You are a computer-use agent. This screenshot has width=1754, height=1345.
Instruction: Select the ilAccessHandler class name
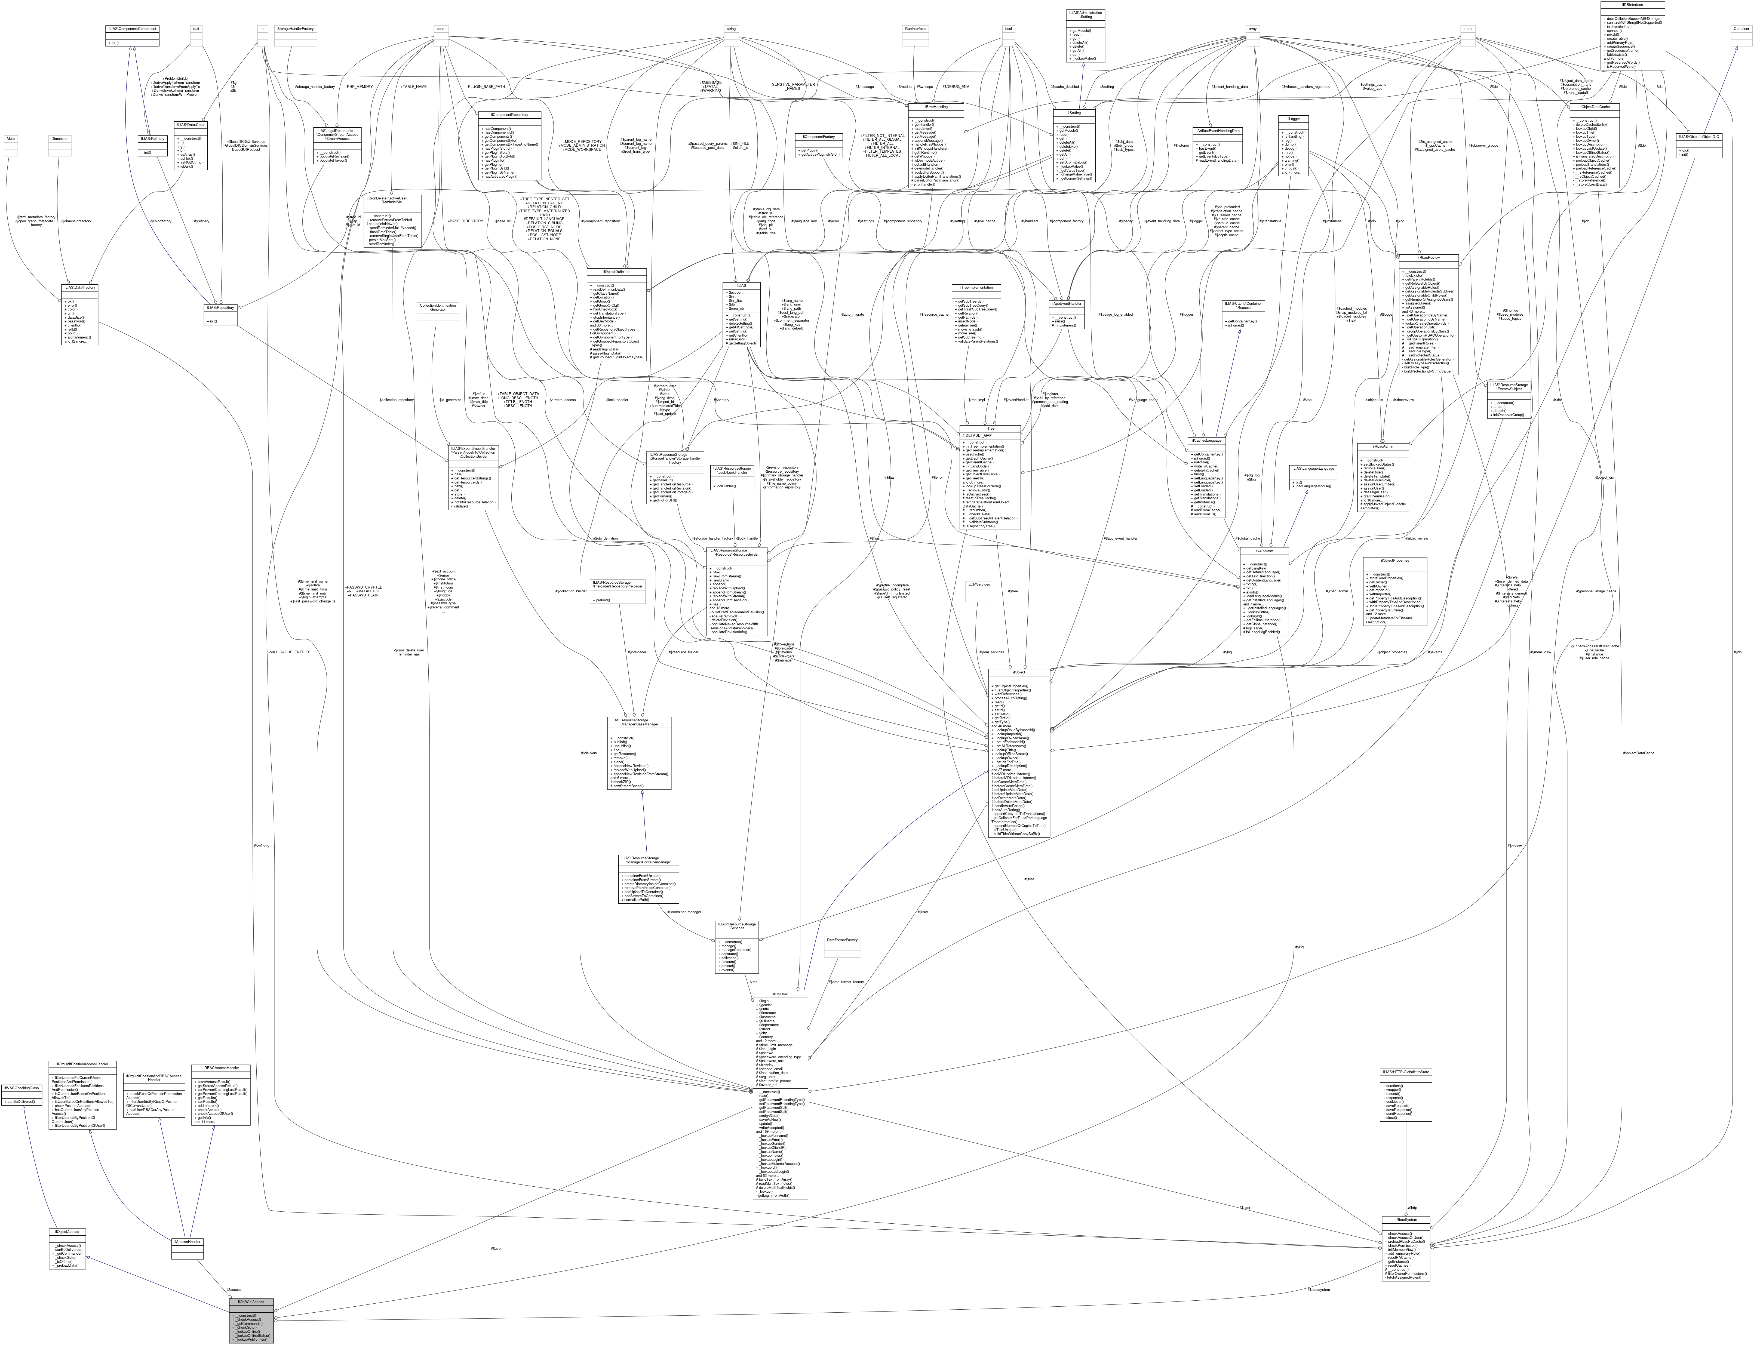tap(187, 1242)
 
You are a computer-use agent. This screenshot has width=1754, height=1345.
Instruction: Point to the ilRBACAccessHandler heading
tap(221, 1068)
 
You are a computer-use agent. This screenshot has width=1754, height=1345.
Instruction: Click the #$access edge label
tap(234, 1290)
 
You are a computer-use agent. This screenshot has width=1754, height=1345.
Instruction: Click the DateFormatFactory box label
tap(842, 940)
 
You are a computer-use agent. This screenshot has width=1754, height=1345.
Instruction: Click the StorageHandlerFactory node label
tap(295, 29)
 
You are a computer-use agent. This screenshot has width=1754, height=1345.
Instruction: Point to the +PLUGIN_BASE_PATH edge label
tap(486, 87)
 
